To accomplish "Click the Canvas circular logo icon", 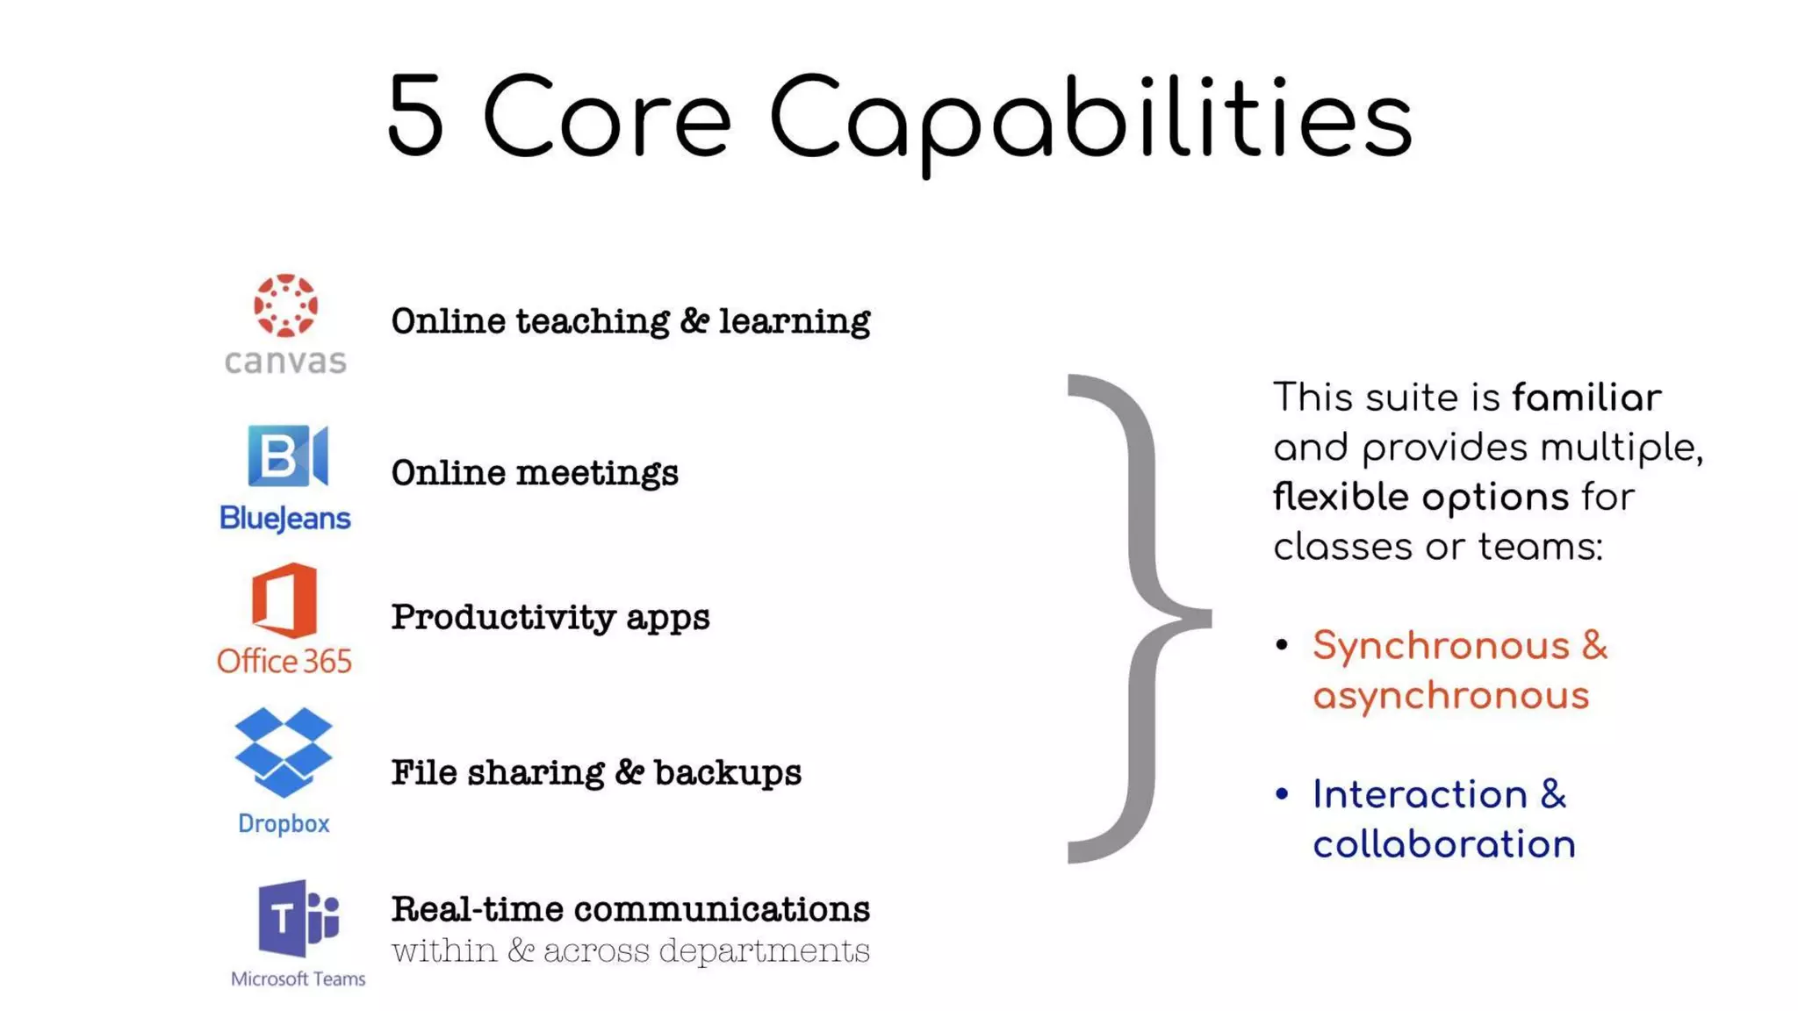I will [x=285, y=305].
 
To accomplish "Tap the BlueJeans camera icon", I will [x=288, y=455].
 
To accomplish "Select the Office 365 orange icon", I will [x=284, y=601].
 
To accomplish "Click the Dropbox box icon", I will [x=284, y=752].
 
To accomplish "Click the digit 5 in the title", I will [x=415, y=117].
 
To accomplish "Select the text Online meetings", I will [x=535, y=473].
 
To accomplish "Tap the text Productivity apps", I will [x=550, y=617].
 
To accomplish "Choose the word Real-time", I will [x=477, y=909].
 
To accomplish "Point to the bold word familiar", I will [x=1586, y=398].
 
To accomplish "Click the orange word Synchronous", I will [x=1441, y=646].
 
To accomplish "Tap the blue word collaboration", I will [x=1444, y=844].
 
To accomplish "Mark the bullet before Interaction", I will [x=1282, y=794].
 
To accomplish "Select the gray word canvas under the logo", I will [x=285, y=361].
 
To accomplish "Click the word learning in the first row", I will [x=795, y=321].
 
